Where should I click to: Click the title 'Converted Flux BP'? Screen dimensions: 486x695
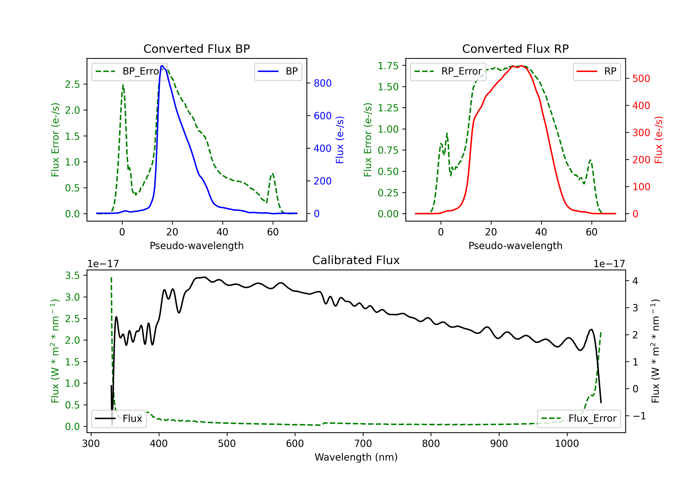196,49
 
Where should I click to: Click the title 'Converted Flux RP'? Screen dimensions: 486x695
515,49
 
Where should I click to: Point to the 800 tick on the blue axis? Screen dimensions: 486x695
322,83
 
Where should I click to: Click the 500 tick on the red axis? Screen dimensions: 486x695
641,79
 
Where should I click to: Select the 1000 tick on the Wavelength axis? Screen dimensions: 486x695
567,444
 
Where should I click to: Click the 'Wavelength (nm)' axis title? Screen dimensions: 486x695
356,457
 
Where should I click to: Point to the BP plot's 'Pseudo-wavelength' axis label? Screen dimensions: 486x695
196,246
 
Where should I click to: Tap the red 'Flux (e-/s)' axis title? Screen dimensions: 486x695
658,140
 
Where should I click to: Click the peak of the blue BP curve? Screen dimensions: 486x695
162,66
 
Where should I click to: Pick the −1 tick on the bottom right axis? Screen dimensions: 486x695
639,416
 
